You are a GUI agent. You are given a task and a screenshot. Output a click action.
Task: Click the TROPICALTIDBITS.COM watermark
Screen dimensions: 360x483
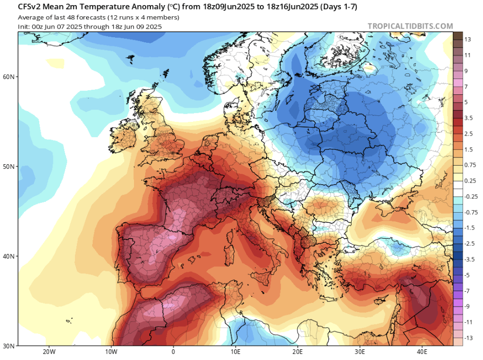coord(410,26)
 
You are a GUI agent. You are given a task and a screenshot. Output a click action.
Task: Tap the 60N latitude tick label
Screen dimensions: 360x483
coord(9,77)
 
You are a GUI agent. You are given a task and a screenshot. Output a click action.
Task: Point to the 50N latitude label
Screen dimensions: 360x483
coord(9,167)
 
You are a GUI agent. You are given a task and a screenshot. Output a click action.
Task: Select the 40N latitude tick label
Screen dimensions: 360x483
coord(9,256)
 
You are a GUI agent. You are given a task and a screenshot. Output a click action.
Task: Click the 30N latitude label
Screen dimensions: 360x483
coord(9,346)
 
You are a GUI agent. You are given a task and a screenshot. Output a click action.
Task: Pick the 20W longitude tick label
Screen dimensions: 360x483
coord(49,352)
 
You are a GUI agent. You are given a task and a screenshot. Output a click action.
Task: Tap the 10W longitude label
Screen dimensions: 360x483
coord(111,352)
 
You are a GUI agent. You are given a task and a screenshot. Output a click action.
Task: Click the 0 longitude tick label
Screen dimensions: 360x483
coord(173,352)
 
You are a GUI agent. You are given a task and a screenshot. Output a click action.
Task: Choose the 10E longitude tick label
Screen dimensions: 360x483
coord(235,352)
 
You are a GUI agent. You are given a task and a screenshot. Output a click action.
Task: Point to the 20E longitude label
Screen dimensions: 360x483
coord(298,352)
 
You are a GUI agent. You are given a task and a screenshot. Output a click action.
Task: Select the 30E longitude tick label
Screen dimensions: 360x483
coord(360,352)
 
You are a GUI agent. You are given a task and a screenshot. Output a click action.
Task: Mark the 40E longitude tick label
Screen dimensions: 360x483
coord(422,352)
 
